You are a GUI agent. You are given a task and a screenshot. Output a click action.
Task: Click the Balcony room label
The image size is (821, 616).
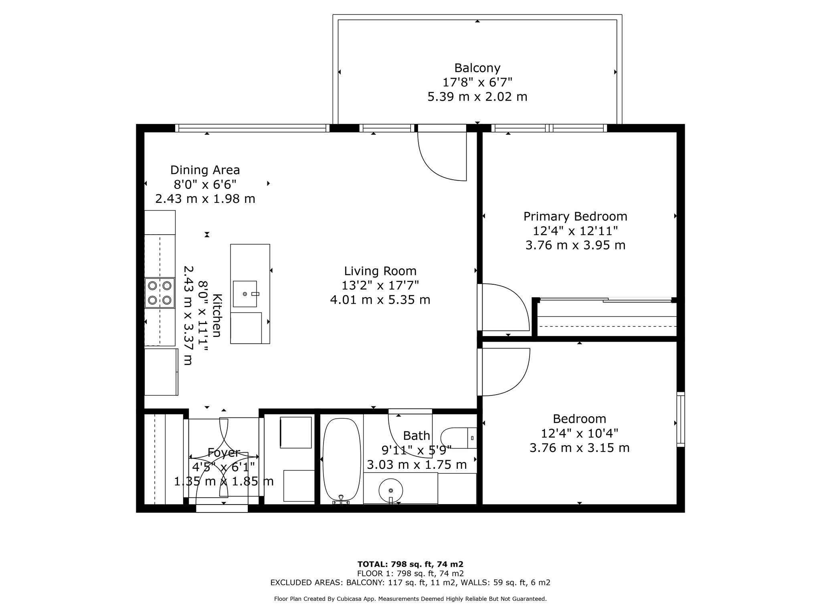477,68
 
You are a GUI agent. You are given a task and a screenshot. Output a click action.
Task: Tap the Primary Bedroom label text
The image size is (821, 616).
575,217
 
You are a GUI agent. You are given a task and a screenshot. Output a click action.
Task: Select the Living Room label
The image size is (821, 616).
380,271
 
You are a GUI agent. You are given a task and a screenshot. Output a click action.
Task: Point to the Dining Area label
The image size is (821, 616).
205,170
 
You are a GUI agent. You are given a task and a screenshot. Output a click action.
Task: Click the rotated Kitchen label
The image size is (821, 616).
217,316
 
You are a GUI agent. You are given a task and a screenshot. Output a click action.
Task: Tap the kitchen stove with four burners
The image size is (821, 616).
160,293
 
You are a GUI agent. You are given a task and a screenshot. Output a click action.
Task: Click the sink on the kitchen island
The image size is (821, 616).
245,294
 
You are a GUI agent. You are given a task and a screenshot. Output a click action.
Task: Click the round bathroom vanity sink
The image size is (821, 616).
391,490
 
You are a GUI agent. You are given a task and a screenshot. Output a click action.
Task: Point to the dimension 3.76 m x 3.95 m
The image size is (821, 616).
575,245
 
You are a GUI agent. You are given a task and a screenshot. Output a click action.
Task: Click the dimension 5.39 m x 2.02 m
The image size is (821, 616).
477,97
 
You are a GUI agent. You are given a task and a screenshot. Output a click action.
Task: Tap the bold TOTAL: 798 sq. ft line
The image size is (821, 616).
410,564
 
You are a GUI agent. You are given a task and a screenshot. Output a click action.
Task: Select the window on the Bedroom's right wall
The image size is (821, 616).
681,419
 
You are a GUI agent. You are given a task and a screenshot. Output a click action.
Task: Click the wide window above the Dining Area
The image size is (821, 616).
252,128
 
